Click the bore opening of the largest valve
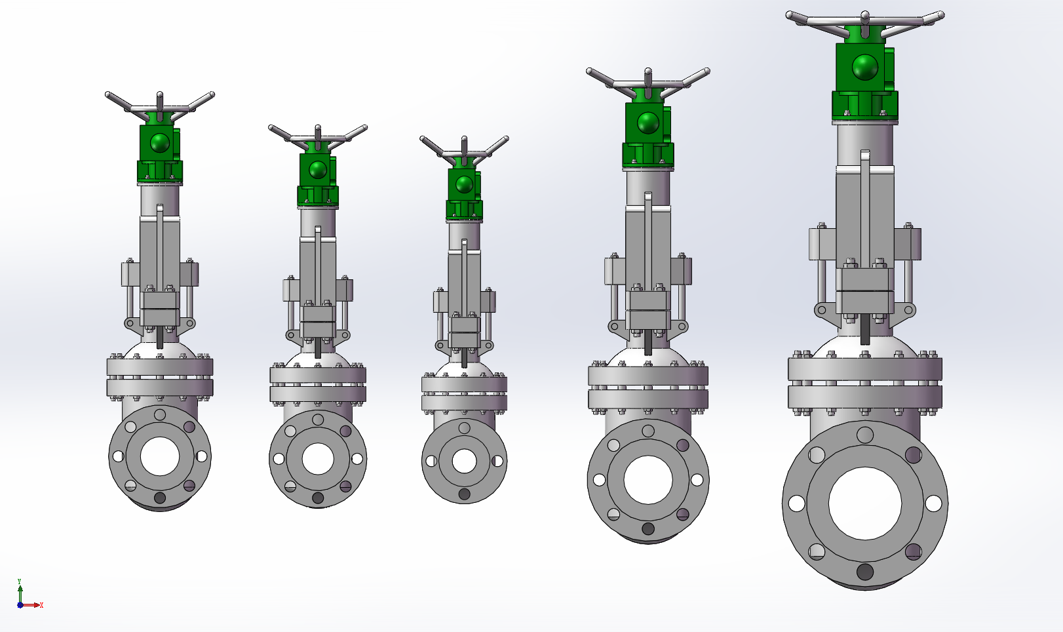point(864,504)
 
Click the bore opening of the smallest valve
point(464,461)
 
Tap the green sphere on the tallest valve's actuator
point(865,67)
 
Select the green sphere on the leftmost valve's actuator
point(160,142)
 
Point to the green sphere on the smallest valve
point(464,184)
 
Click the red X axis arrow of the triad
point(31,605)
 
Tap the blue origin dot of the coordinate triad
point(20,605)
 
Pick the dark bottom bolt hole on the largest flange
point(864,572)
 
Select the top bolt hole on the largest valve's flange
point(865,435)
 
